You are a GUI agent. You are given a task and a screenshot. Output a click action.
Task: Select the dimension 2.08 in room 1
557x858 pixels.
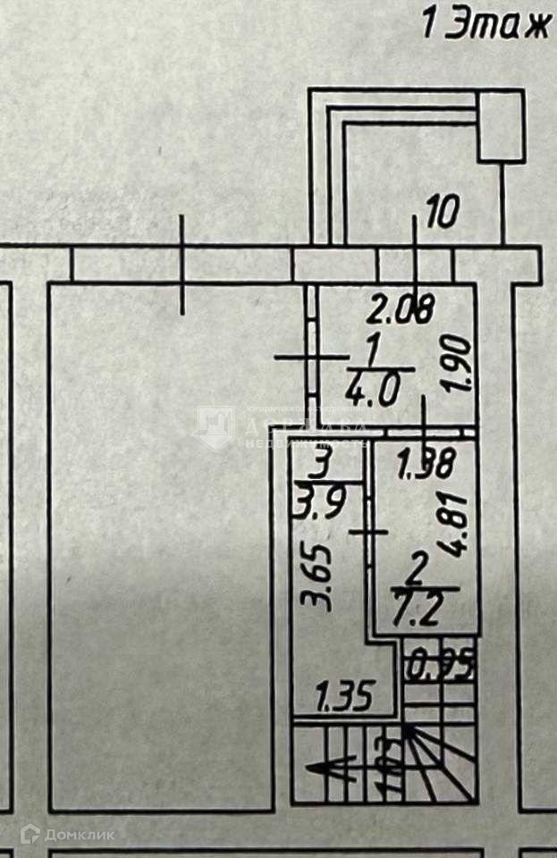[401, 309]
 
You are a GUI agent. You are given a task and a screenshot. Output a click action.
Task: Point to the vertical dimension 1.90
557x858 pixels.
[456, 364]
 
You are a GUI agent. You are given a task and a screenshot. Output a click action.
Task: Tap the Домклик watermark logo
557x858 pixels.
[67, 835]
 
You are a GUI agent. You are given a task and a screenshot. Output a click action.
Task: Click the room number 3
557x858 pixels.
[323, 465]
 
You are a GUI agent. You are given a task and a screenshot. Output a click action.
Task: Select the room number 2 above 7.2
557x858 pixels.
[416, 565]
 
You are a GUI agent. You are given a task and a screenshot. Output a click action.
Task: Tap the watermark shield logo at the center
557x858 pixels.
[215, 428]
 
